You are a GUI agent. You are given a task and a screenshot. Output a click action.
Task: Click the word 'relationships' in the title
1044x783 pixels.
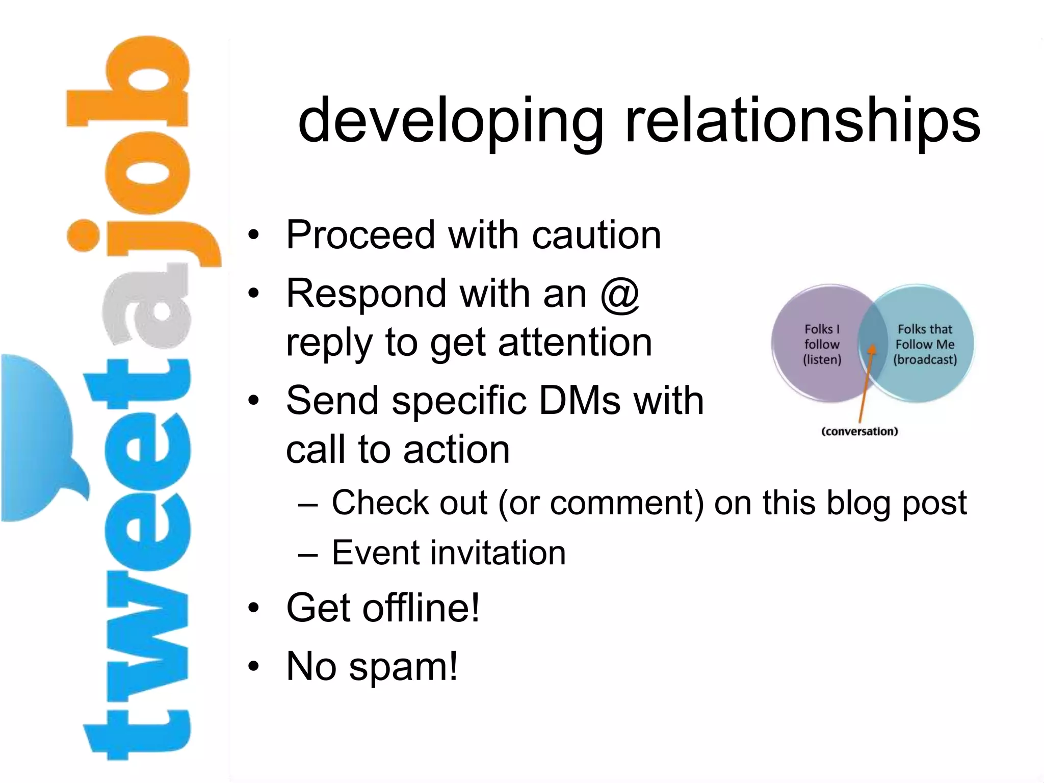802,121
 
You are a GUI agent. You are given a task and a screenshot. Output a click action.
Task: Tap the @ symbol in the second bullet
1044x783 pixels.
620,295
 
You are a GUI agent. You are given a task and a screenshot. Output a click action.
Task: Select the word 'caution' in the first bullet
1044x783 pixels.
596,235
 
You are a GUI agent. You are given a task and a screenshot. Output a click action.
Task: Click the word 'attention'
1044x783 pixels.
575,343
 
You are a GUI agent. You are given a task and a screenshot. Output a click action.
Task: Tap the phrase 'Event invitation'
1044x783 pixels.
449,553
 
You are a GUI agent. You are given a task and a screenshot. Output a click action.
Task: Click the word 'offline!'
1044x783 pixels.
421,608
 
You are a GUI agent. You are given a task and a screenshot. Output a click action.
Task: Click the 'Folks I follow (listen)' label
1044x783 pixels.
822,345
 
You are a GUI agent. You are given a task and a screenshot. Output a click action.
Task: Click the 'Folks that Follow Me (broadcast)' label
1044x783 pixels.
925,345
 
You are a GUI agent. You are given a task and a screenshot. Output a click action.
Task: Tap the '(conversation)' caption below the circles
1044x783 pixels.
859,431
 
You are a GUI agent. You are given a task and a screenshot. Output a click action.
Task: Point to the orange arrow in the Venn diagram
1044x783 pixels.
866,382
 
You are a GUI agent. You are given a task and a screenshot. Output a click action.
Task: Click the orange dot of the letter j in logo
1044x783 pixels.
83,236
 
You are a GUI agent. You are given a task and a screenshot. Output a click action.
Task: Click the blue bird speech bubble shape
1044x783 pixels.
36,438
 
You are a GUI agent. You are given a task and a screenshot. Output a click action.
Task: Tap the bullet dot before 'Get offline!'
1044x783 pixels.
253,608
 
